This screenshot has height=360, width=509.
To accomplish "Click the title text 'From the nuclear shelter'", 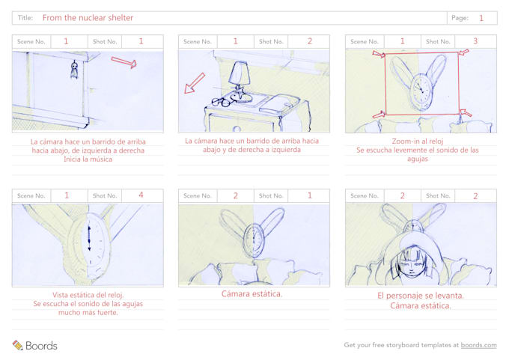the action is pyautogui.click(x=88, y=18).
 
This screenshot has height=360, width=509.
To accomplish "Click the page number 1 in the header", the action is pyautogui.click(x=481, y=18).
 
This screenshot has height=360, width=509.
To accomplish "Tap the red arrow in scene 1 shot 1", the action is pyautogui.click(x=124, y=61).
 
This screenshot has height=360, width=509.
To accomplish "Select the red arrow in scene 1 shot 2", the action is pyautogui.click(x=194, y=83).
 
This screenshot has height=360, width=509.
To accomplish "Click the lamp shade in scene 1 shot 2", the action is pyautogui.click(x=239, y=73).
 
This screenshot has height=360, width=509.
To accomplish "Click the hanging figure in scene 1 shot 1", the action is pyautogui.click(x=74, y=70).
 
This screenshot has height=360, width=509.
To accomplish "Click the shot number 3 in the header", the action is pyautogui.click(x=475, y=41).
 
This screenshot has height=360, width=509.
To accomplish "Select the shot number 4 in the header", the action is pyautogui.click(x=141, y=195).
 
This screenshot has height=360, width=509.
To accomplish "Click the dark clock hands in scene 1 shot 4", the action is pyautogui.click(x=90, y=238).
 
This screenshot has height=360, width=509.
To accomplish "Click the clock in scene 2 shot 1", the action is pyautogui.click(x=254, y=240).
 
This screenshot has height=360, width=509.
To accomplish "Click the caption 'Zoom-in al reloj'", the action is pyautogui.click(x=418, y=141).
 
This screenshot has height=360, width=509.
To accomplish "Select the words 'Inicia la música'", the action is pyautogui.click(x=88, y=159).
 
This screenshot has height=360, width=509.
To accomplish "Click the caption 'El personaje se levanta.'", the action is pyautogui.click(x=421, y=296).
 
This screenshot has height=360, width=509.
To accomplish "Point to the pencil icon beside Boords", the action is pyautogui.click(x=17, y=345).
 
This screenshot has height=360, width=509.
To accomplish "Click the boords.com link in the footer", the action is pyautogui.click(x=478, y=345).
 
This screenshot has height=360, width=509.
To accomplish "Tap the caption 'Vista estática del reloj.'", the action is pyautogui.click(x=88, y=295).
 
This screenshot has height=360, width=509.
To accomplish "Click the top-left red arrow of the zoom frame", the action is pyautogui.click(x=379, y=54).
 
